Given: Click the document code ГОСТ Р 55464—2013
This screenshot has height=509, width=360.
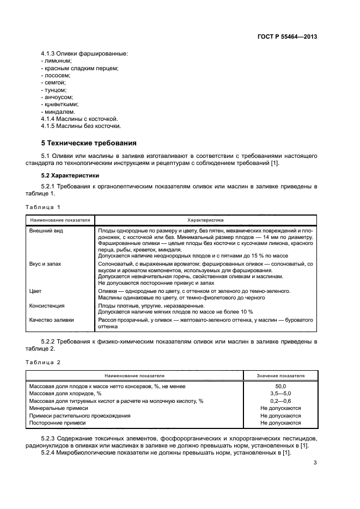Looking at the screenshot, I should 287,36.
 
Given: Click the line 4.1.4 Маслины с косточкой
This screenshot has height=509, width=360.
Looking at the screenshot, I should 80,118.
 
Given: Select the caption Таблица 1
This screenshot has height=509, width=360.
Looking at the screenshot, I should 44,207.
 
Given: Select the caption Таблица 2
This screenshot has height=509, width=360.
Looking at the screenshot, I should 44,362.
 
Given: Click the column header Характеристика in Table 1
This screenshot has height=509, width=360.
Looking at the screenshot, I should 205,220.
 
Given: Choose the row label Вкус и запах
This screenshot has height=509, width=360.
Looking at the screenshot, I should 45,263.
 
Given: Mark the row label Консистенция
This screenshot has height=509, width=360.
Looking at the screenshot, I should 47,305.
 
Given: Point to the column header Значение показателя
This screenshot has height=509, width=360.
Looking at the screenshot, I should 280,376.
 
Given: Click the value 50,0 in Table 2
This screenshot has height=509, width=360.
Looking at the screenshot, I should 280,386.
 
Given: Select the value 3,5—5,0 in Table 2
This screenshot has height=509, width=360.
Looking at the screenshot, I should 280,393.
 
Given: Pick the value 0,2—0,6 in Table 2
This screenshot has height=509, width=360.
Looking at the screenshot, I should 280,401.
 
